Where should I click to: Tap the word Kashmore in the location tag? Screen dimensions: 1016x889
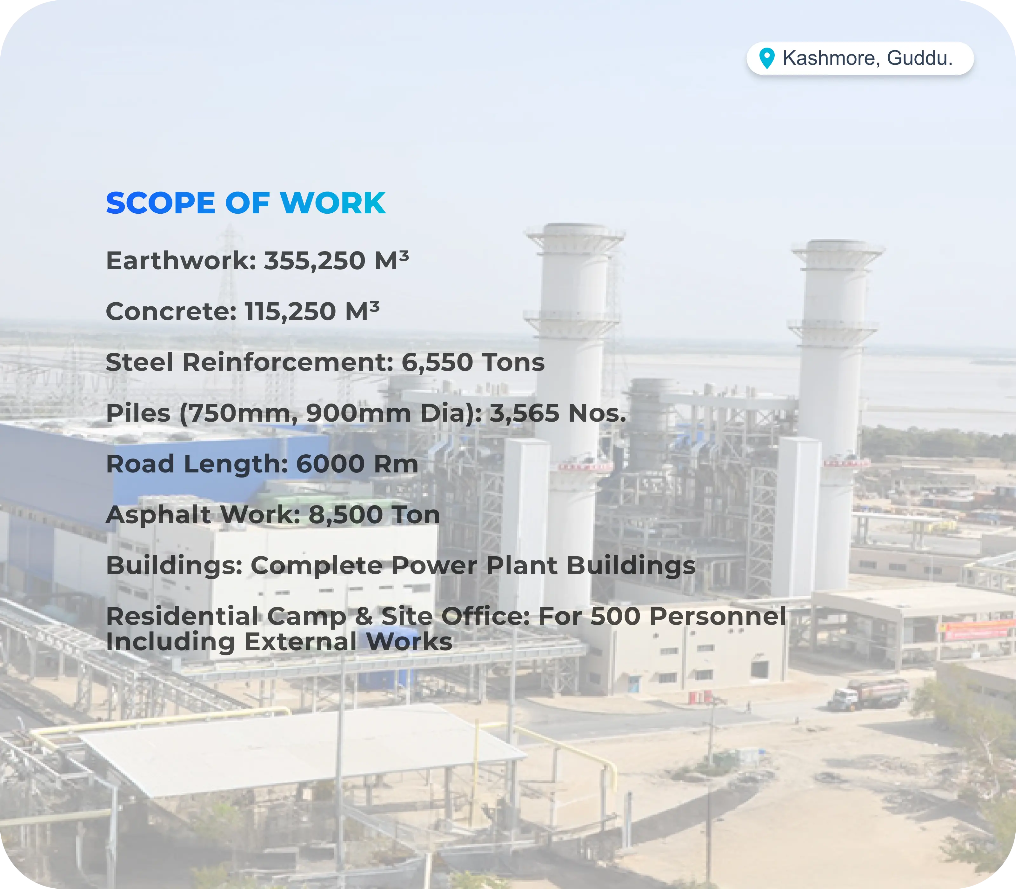(x=832, y=58)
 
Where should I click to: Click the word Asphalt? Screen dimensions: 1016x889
(x=158, y=515)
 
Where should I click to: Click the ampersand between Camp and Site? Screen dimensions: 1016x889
(x=364, y=616)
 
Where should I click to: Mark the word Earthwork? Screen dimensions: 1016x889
(x=181, y=261)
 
